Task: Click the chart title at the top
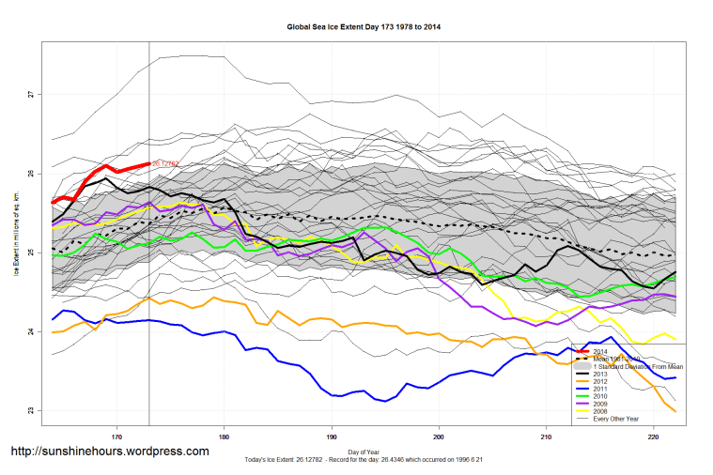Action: (364, 27)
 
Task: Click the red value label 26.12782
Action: (165, 164)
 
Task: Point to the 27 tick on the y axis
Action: (30, 94)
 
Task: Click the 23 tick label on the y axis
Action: (30, 410)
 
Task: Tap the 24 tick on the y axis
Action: (30, 331)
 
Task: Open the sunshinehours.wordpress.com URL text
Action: (109, 452)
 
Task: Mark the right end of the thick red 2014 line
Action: (149, 163)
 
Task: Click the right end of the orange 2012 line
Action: (675, 411)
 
